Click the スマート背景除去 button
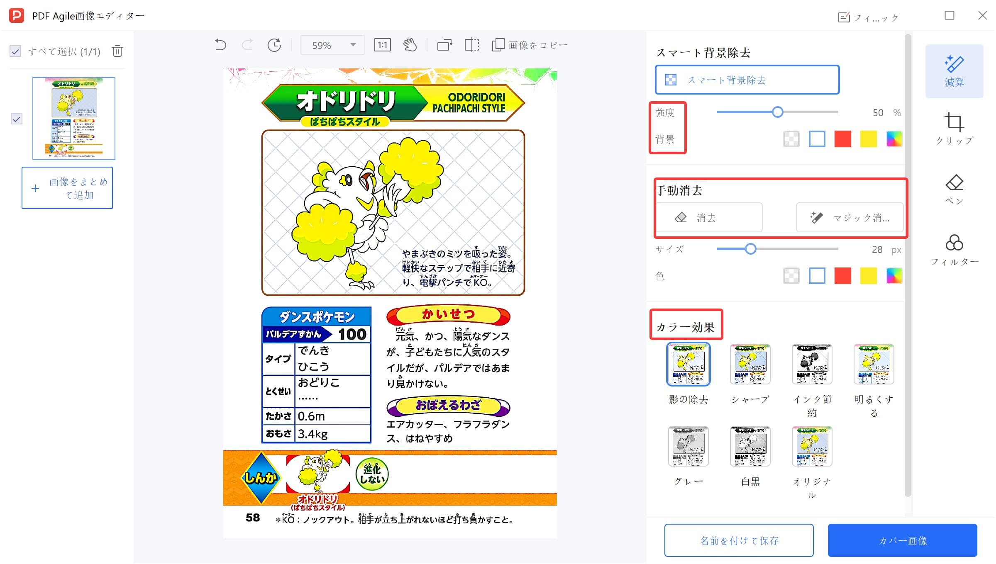(x=747, y=80)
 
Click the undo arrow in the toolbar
(x=220, y=45)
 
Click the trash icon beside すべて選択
(x=117, y=51)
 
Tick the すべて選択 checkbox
(x=15, y=51)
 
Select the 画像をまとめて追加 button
(x=67, y=188)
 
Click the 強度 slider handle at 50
(x=777, y=112)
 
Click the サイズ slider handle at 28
(x=750, y=249)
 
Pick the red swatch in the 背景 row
(x=842, y=139)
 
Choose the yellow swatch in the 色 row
(x=868, y=276)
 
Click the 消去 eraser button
(x=709, y=217)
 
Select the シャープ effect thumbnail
(x=750, y=364)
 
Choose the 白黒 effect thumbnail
(x=750, y=446)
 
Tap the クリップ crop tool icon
(x=954, y=122)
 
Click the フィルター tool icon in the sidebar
(x=954, y=243)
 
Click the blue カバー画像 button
(x=902, y=540)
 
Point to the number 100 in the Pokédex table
(x=352, y=334)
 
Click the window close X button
(x=982, y=16)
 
